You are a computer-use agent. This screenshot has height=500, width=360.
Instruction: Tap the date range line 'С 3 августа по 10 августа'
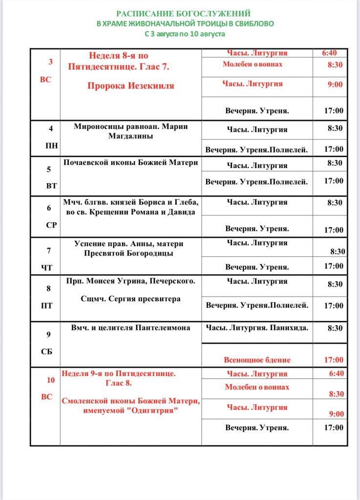point(185,34)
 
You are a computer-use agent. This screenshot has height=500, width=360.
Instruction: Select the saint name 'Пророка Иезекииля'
point(131,86)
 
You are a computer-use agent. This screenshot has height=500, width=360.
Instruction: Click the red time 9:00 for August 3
point(335,84)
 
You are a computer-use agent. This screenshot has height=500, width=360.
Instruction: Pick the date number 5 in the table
point(49,170)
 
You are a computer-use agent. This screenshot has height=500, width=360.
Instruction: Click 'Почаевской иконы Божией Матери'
point(131,163)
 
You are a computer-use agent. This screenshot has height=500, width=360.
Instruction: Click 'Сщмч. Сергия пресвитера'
point(130,299)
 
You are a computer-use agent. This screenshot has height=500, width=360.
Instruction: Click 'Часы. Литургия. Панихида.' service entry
point(257,328)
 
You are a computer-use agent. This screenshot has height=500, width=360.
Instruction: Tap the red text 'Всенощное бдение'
point(257,360)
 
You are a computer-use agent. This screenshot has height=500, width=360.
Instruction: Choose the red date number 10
point(51,380)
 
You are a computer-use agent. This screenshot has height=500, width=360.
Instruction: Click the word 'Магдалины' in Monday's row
point(130,136)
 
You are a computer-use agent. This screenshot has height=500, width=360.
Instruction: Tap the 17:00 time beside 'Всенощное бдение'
point(334,360)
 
